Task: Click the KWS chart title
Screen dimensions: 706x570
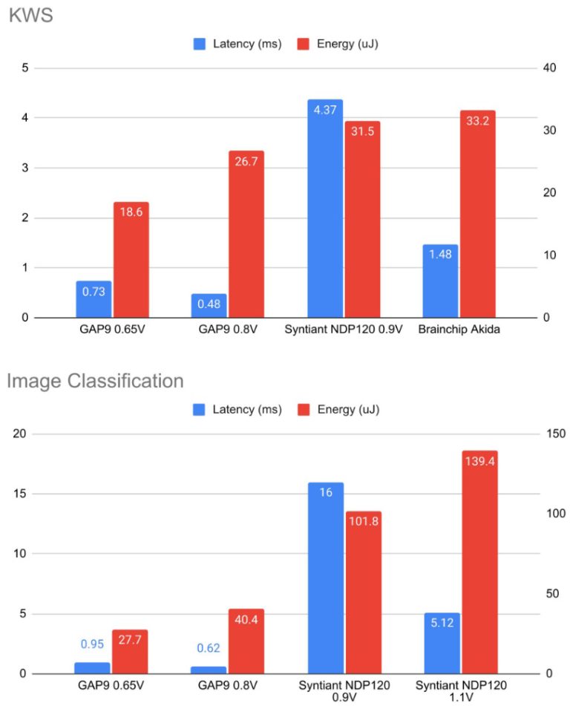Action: pyautogui.click(x=30, y=16)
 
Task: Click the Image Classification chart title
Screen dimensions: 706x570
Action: pyautogui.click(x=95, y=382)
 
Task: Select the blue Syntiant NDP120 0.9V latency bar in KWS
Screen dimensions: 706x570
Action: pyautogui.click(x=325, y=209)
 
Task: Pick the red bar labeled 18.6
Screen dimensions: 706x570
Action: pyautogui.click(x=131, y=260)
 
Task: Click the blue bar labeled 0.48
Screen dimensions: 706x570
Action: pyautogui.click(x=209, y=306)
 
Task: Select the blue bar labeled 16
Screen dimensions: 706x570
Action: pyautogui.click(x=325, y=578)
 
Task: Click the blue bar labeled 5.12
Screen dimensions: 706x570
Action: pyautogui.click(x=441, y=644)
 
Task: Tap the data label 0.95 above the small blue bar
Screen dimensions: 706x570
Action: pyautogui.click(x=92, y=644)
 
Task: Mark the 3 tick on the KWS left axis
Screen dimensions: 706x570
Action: pyautogui.click(x=25, y=168)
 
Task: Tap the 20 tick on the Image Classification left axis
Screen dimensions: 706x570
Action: pyautogui.click(x=22, y=434)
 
